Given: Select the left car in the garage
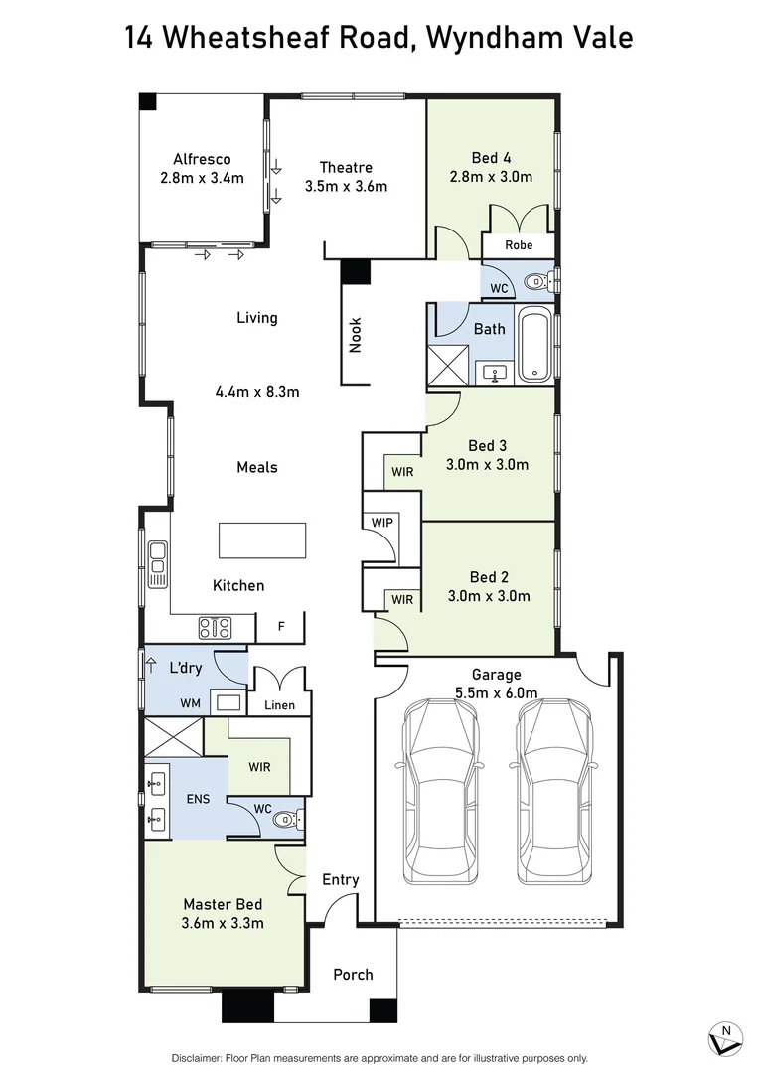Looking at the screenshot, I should pos(432,791).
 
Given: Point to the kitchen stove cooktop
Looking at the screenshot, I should pos(216,627).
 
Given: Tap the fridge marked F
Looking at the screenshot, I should pos(281,627).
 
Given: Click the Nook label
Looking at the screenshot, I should pos(356,335).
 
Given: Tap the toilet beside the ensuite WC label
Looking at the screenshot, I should pos(286,819).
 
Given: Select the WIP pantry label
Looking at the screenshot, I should pos(381,523).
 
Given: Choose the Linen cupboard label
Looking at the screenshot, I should pos(278,705).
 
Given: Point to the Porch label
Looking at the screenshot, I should pos(353,974).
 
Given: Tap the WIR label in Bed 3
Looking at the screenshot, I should pos(401,472).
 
